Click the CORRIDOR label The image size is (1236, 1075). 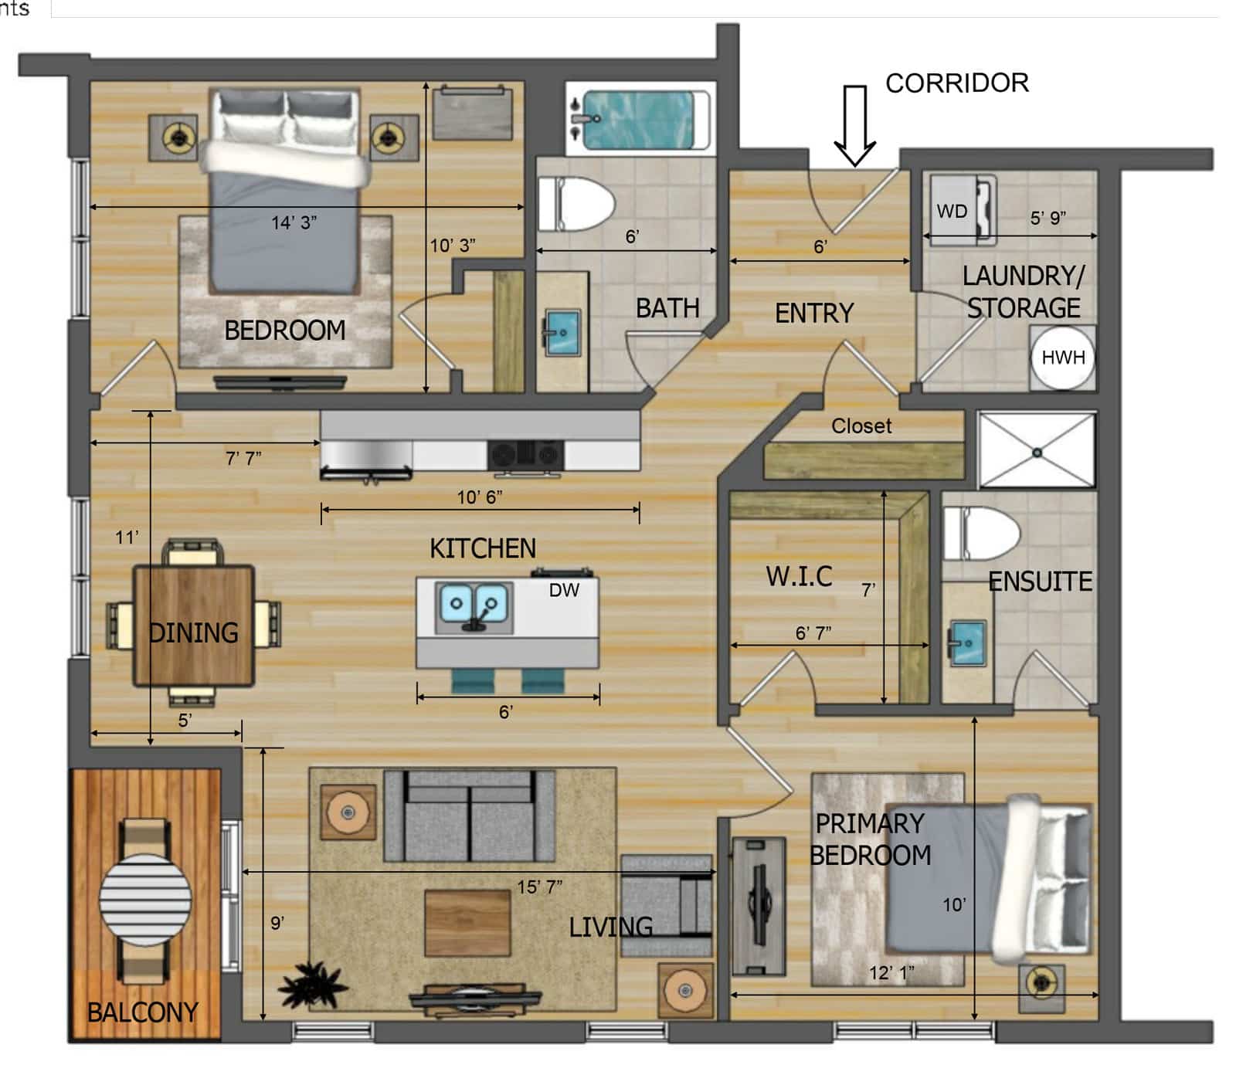[956, 83]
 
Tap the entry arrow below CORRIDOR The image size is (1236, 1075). [854, 126]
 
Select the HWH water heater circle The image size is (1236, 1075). [1063, 358]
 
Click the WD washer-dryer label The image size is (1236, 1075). [952, 211]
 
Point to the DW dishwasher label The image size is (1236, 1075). [564, 590]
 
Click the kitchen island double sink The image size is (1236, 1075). [474, 607]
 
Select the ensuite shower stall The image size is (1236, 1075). [1037, 452]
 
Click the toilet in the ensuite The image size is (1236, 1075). [981, 534]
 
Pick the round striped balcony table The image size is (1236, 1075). [145, 899]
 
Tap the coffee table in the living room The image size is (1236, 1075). [467, 923]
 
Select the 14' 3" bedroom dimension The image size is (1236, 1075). [294, 222]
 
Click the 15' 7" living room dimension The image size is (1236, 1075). [539, 887]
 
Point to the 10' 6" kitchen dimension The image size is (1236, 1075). [480, 497]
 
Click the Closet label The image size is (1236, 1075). [861, 426]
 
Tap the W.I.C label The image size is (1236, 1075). [799, 576]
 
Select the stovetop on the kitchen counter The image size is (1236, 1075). [525, 454]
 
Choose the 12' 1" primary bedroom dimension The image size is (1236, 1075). [891, 973]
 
